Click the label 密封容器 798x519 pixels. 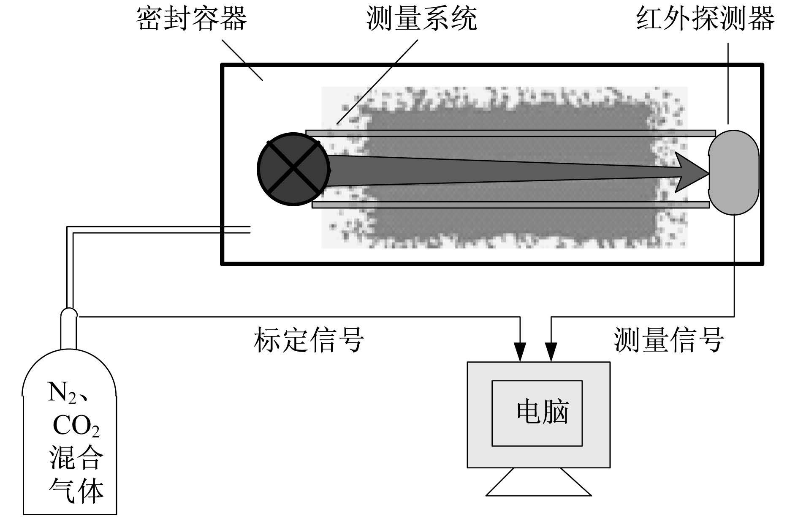(191, 19)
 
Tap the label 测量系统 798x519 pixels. (422, 19)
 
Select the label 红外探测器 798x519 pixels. (706, 19)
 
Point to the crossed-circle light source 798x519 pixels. (293, 169)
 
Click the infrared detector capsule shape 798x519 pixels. (734, 172)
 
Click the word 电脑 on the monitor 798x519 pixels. (543, 412)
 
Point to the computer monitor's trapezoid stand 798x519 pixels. (538, 482)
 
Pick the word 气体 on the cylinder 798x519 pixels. (76, 490)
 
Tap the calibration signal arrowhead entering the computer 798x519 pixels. (520, 351)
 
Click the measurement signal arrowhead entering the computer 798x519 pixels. (551, 351)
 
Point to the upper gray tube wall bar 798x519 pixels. (510, 133)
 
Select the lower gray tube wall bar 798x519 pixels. (510, 205)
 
